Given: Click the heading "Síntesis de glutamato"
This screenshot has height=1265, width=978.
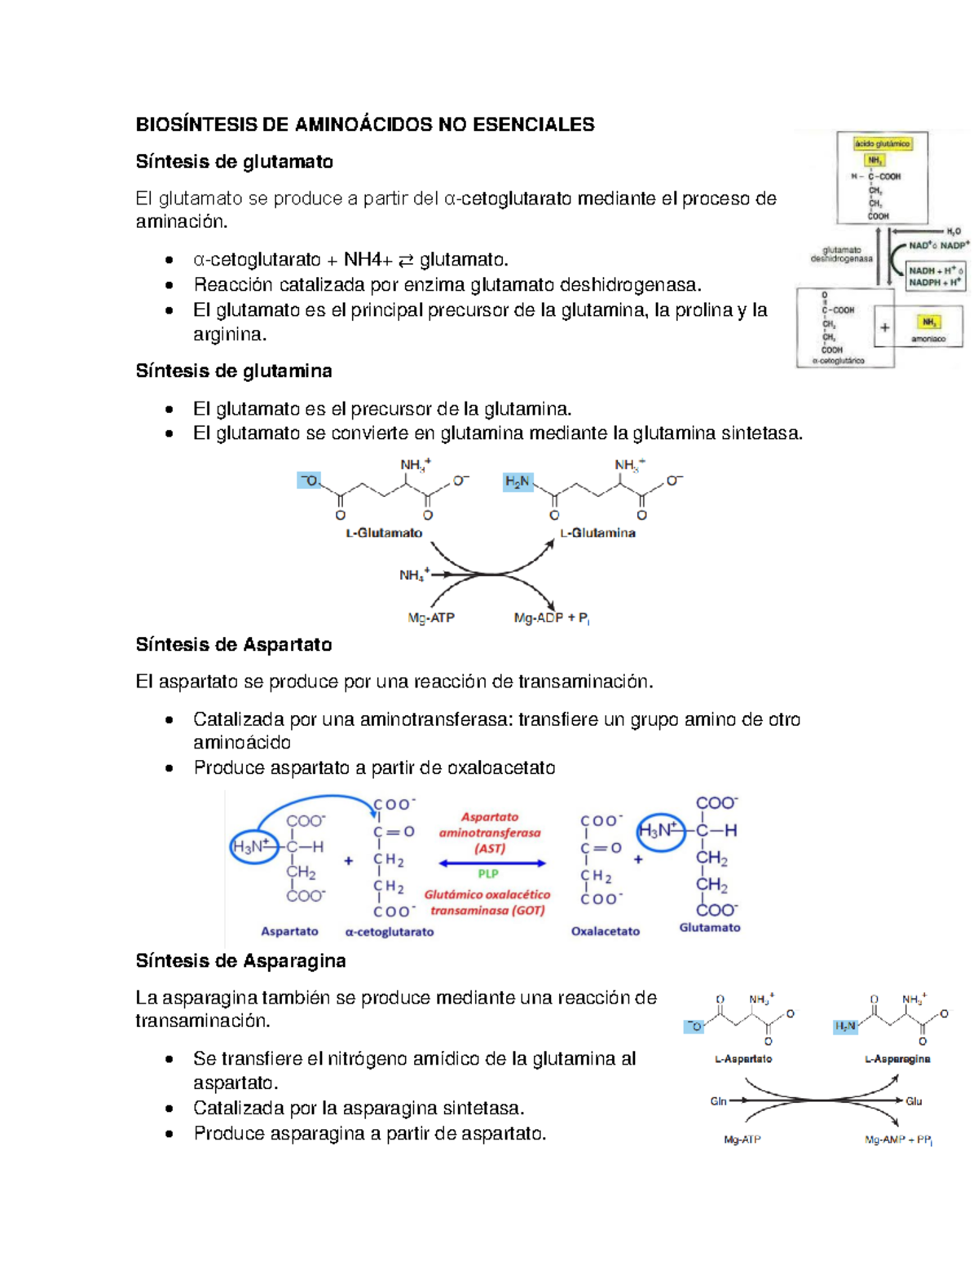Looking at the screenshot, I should pyautogui.click(x=234, y=161).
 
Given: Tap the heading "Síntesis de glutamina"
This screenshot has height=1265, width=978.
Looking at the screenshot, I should pyautogui.click(x=233, y=371).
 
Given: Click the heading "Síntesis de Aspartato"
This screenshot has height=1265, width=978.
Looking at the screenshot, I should pyautogui.click(x=233, y=644).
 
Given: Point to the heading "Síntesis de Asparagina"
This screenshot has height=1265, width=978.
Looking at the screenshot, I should pyautogui.click(x=240, y=960).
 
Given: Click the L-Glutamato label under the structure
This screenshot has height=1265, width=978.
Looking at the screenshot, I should pyautogui.click(x=384, y=533).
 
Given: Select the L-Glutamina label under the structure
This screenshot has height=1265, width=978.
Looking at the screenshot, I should pyautogui.click(x=597, y=533).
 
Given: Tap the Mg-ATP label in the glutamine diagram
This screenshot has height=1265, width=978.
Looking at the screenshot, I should pyautogui.click(x=431, y=617).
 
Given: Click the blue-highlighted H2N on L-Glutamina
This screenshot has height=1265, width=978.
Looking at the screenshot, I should pyautogui.click(x=518, y=481).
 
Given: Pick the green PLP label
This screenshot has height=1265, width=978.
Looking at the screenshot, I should pyautogui.click(x=488, y=874).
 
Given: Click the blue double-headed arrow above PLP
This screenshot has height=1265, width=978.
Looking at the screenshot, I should pyautogui.click(x=492, y=863).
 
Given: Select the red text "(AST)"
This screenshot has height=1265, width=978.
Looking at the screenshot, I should pyautogui.click(x=490, y=848).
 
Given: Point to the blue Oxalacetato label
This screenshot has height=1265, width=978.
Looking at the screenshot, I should pyautogui.click(x=605, y=931).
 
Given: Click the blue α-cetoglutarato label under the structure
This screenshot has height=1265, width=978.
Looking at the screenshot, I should pyautogui.click(x=390, y=932).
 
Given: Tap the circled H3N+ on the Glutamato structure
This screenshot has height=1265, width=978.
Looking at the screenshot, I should pyautogui.click(x=659, y=831).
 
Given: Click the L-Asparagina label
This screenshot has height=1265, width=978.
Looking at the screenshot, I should pyautogui.click(x=897, y=1059).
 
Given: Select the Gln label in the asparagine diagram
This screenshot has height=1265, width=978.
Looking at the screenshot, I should pyautogui.click(x=718, y=1101).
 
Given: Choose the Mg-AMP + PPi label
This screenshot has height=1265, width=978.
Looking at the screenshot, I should pyautogui.click(x=898, y=1140).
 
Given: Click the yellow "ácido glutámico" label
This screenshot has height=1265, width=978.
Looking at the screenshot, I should pyautogui.click(x=882, y=143).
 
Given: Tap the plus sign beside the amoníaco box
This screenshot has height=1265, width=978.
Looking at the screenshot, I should pyautogui.click(x=884, y=327).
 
